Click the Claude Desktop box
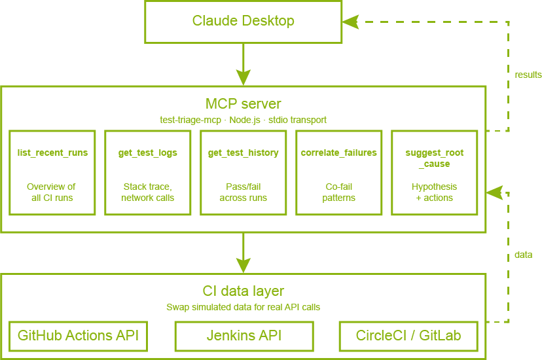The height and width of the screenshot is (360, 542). (x=243, y=22)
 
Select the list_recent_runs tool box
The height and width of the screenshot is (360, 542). (x=52, y=173)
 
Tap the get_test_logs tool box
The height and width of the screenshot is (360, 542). (x=148, y=173)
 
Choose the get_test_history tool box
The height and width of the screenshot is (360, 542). (x=244, y=173)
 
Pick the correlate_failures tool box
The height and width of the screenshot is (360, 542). (x=339, y=173)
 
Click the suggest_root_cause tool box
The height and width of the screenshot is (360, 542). (x=435, y=173)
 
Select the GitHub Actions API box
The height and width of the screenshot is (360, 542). (x=78, y=336)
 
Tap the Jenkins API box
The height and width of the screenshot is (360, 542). (x=244, y=336)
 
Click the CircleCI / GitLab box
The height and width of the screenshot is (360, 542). (x=408, y=336)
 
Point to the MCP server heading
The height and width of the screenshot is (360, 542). (x=244, y=103)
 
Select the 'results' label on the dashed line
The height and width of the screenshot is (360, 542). (x=528, y=75)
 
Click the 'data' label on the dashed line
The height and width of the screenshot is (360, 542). (x=523, y=255)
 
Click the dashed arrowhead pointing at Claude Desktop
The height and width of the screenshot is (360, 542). (x=352, y=22)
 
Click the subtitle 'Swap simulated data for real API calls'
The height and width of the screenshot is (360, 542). (x=244, y=307)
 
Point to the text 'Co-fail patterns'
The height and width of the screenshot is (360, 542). (x=339, y=192)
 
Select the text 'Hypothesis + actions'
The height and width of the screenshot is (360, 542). (x=435, y=192)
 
